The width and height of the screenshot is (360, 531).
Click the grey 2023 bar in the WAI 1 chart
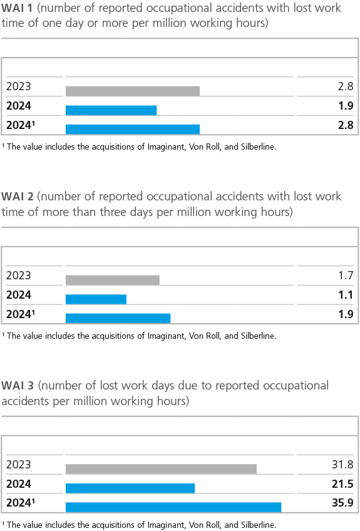pos(133,91)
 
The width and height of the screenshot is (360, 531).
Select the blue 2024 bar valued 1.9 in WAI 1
pos(111,110)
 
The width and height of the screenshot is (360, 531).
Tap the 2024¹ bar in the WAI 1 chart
pos(133,130)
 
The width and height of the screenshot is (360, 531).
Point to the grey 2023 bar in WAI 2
pos(113,280)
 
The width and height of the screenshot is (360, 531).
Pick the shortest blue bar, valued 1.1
pos(96,299)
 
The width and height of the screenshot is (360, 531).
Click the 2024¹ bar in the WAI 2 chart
pos(118,318)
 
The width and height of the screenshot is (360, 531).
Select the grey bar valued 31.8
pos(161,469)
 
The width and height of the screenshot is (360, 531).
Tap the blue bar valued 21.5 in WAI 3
pos(130,488)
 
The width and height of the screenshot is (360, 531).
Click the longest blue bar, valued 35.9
pos(173,507)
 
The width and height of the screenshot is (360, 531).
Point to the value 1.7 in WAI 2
pos(346,276)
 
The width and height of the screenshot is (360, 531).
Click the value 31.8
pos(342,464)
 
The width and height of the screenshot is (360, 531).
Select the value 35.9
pos(342,502)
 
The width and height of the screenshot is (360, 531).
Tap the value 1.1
pos(346,295)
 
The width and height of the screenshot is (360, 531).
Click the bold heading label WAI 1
pos(17,8)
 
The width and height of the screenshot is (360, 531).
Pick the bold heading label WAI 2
pos(18,197)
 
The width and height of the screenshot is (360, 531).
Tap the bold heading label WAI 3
pos(18,386)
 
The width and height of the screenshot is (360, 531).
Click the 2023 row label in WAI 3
pos(19,464)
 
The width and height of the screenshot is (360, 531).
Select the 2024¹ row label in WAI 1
pos(21,125)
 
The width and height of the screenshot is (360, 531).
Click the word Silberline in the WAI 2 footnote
pos(257,336)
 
